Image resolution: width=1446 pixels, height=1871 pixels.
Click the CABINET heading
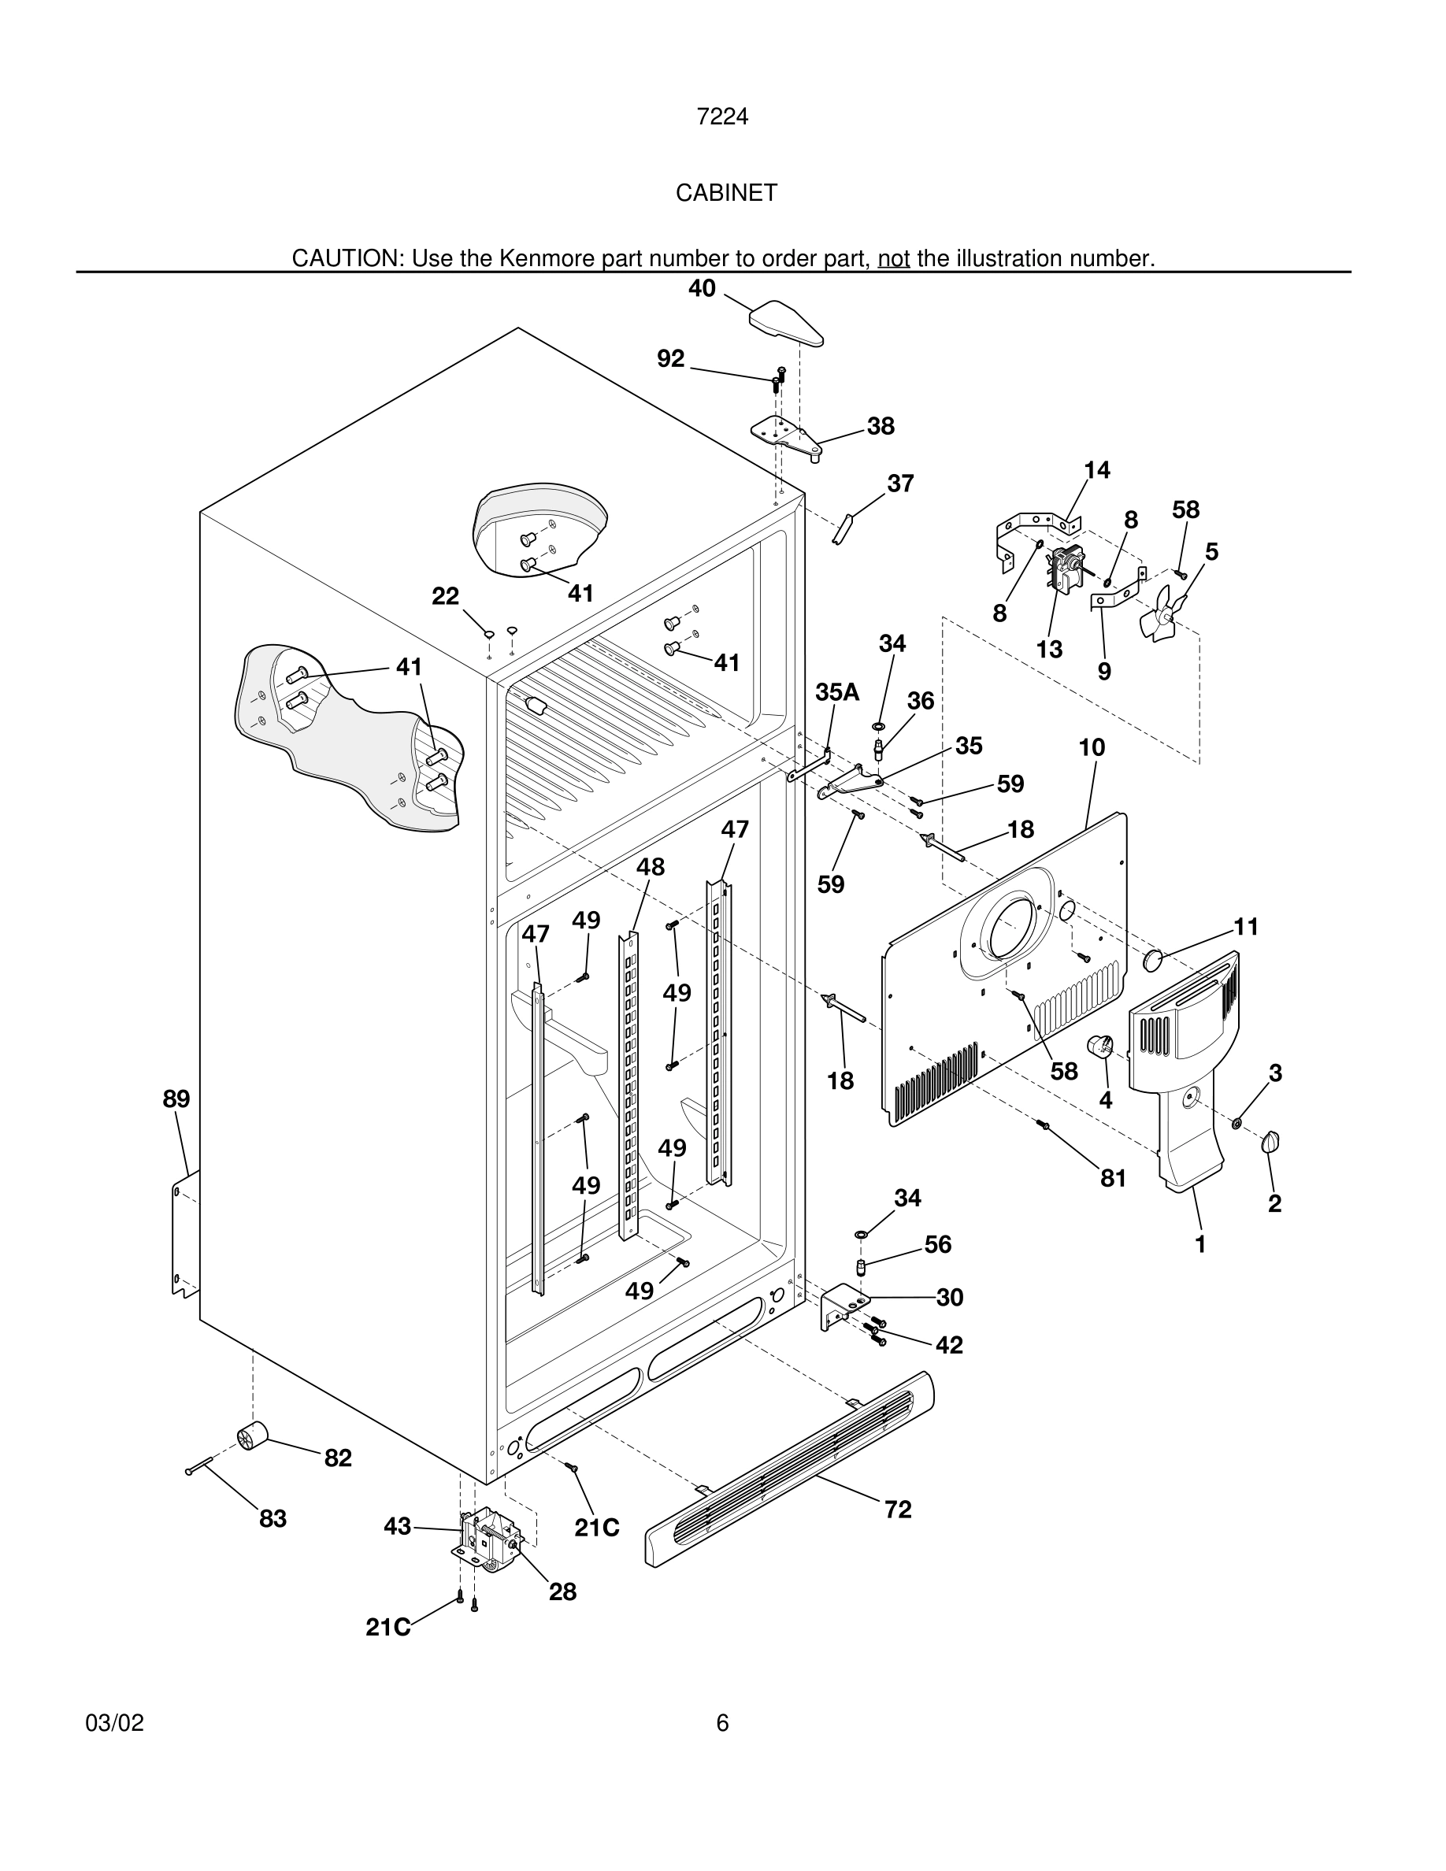tap(725, 193)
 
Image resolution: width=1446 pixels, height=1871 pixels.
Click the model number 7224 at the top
tap(722, 117)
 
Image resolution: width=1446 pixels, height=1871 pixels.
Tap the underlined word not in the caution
tap(892, 257)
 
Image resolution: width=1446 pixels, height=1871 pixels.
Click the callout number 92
tap(671, 359)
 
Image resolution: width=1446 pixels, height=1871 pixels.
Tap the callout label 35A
tap(837, 692)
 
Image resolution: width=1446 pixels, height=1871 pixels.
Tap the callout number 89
tap(176, 1099)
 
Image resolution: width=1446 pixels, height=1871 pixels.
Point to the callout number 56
tap(937, 1244)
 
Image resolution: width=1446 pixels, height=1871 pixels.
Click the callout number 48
tap(651, 867)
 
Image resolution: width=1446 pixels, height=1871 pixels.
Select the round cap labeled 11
tap(1154, 958)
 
